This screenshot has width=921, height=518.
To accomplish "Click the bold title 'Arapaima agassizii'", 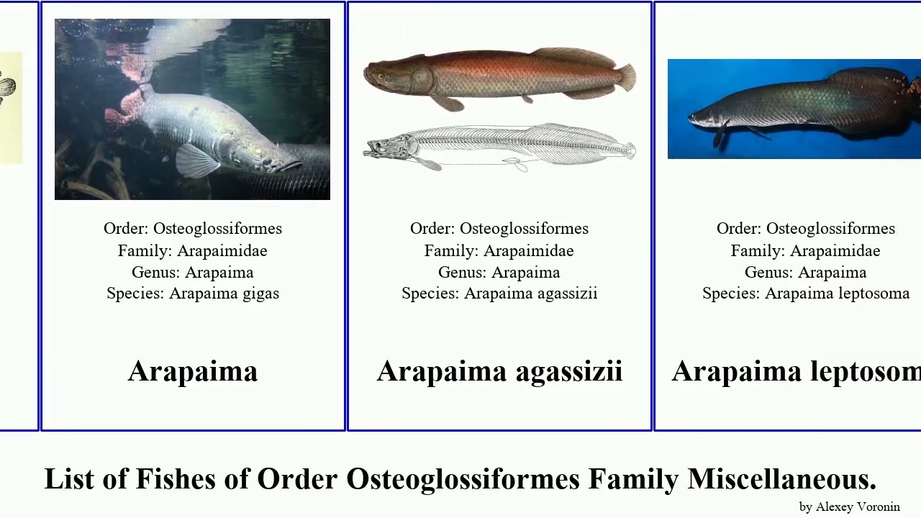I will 499,371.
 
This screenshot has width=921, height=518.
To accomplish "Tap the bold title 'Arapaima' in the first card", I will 193,371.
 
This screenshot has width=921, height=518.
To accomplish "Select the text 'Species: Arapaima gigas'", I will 193,294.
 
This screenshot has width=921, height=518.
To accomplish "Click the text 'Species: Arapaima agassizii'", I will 499,294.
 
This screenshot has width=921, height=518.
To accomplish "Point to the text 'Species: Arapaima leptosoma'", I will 806,294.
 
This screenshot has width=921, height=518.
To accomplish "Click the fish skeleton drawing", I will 499,147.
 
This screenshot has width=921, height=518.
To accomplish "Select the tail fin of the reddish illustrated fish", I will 626,77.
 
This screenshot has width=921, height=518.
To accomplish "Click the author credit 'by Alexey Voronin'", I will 849,506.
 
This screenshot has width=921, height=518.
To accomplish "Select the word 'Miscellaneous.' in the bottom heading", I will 781,479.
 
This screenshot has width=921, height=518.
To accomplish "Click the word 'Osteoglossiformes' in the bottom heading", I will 463,479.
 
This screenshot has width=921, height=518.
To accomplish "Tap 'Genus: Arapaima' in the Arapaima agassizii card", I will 499,272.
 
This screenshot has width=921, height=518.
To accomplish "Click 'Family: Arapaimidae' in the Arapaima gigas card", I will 193,250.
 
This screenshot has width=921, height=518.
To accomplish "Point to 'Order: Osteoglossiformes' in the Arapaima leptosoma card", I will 806,229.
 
